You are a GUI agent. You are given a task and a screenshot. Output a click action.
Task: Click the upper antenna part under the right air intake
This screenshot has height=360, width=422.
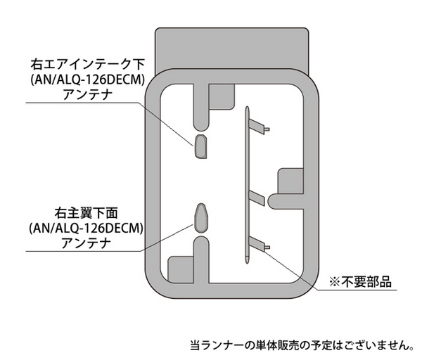coord(200,146)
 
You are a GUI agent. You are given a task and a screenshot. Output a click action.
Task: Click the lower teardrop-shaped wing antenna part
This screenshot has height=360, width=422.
coord(201,218)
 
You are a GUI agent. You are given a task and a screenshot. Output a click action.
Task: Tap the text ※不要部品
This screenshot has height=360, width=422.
coord(360,282)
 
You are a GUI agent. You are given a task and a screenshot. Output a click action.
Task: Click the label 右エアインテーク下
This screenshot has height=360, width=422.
coord(87,65)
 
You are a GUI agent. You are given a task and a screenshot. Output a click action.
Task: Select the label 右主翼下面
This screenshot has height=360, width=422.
coord(86,213)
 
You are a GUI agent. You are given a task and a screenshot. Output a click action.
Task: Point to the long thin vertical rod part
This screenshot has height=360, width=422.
coord(247,185)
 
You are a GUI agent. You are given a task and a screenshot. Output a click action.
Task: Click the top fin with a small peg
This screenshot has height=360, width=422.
coord(259,127)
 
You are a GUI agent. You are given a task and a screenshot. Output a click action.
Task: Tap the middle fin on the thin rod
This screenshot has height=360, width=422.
coord(257,198)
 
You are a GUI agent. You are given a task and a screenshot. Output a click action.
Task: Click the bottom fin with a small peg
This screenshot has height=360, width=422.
coord(259,244)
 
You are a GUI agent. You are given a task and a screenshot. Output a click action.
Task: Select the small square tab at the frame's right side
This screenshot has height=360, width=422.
coord(290,181)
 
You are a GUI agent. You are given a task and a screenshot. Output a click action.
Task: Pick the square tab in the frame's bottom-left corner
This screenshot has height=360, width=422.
coord(181,269)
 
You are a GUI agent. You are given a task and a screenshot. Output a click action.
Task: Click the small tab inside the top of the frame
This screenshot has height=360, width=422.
coord(222,97)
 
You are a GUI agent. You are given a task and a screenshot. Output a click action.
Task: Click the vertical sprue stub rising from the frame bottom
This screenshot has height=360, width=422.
coord(201,259)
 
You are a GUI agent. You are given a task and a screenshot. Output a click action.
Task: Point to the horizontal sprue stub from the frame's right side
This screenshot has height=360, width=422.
coord(286,202)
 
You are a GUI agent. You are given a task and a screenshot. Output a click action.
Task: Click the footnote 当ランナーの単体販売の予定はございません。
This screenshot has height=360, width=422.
coord(302,345)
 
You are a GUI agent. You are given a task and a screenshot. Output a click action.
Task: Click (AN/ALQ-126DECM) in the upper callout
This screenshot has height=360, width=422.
coord(87,80)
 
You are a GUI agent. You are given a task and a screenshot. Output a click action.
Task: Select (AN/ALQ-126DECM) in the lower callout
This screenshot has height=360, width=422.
coord(86,229)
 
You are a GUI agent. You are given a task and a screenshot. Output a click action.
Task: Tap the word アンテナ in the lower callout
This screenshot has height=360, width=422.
coord(86,243)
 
